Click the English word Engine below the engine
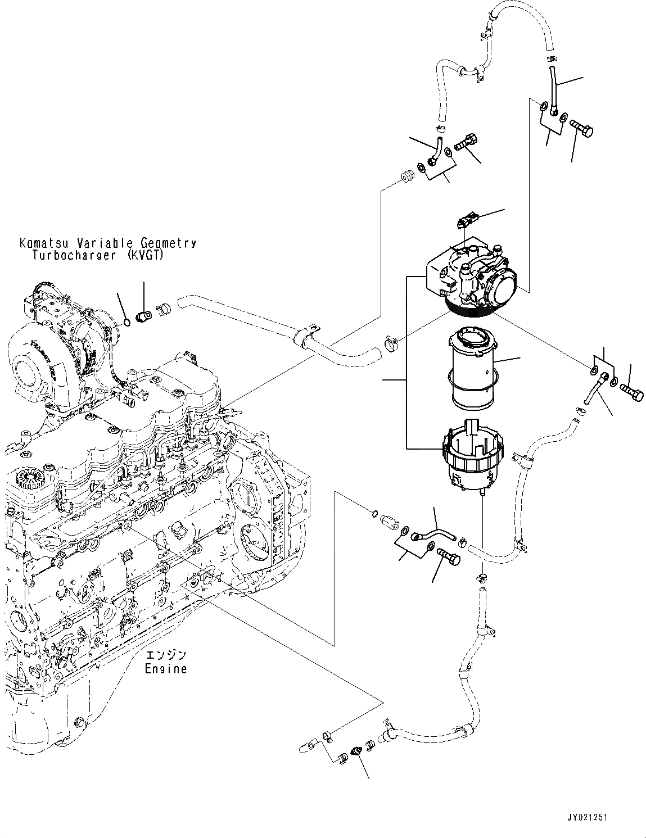coord(165,669)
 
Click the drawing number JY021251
coord(587,818)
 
